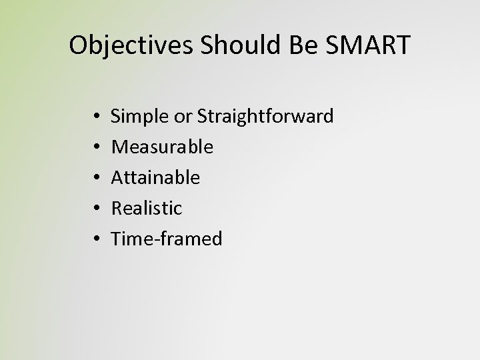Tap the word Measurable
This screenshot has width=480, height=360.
tap(162, 147)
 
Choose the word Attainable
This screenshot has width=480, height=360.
tap(155, 178)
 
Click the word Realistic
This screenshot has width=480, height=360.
tap(146, 209)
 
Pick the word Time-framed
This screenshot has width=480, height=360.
tap(167, 239)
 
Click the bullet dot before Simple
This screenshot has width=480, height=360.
tap(89, 117)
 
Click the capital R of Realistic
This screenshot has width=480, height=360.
tap(116, 209)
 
